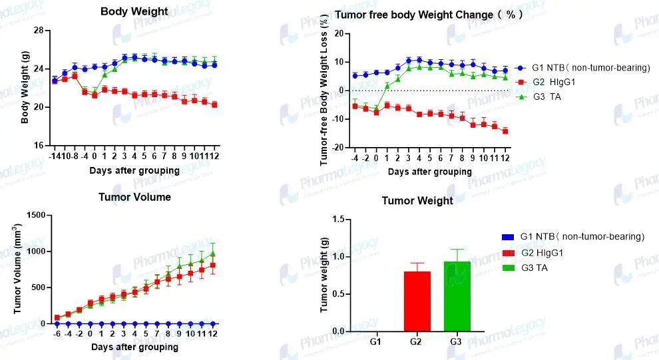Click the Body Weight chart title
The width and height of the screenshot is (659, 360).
pyautogui.click(x=134, y=11)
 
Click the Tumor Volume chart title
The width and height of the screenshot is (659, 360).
pyautogui.click(x=134, y=197)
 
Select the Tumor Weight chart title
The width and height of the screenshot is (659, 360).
pyautogui.click(x=417, y=201)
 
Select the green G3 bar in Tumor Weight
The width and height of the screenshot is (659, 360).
pyautogui.click(x=457, y=296)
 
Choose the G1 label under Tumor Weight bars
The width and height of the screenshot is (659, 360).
pyautogui.click(x=375, y=341)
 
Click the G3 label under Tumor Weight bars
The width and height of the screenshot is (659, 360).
pyautogui.click(x=457, y=341)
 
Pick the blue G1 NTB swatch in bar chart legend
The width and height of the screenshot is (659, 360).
pyautogui.click(x=508, y=237)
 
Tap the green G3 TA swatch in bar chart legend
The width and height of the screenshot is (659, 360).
pyautogui.click(x=508, y=268)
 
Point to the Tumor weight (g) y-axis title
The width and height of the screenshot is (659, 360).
pyautogui.click(x=324, y=275)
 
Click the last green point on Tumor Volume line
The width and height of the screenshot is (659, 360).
pyautogui.click(x=212, y=254)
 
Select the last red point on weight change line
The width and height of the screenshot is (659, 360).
pyautogui.click(x=505, y=131)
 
